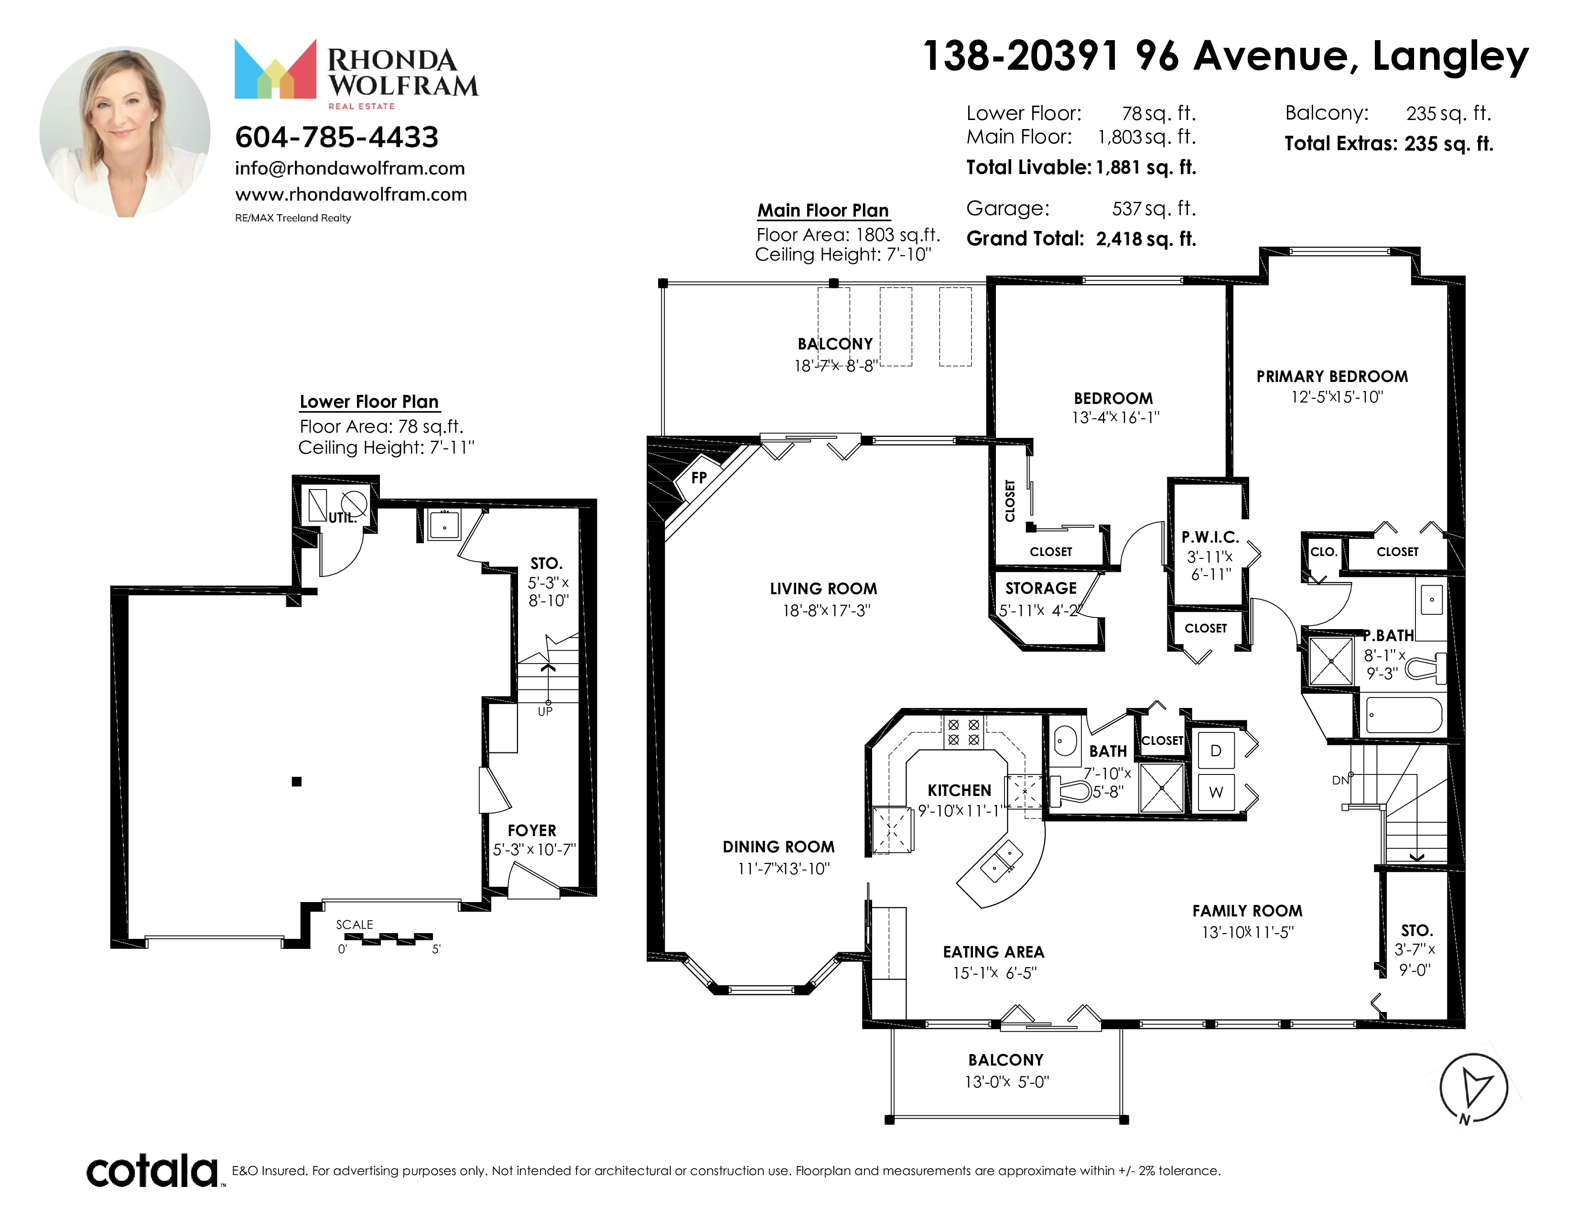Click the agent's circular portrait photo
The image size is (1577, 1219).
pos(125,131)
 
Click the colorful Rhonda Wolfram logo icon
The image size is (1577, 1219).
pos(275,69)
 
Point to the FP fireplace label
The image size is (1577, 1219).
pos(698,478)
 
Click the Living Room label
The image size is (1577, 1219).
pos(823,588)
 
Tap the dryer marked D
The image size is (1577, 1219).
pos(1216,751)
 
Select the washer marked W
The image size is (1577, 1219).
pos(1216,792)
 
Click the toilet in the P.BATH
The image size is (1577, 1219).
pos(1426,668)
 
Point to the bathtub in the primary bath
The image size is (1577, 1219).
pos(1404,715)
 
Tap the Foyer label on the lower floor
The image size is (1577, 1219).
pos(532,830)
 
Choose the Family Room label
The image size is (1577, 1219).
pos(1247,911)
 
